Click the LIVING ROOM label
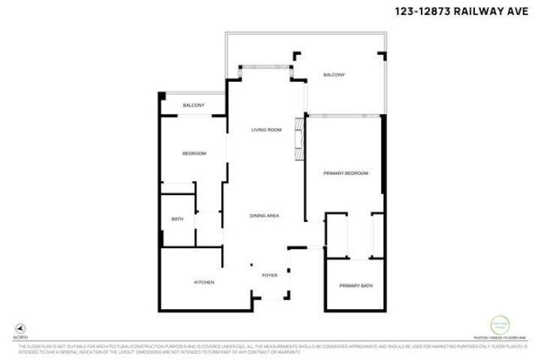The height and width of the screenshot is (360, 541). (x=266, y=130)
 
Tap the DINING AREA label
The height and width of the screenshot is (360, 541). (x=265, y=216)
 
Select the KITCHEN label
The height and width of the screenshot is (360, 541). (x=205, y=282)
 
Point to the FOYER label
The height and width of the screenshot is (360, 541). (x=269, y=275)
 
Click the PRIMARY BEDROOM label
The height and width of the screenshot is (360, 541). (x=346, y=173)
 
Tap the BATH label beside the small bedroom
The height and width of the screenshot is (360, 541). (x=178, y=219)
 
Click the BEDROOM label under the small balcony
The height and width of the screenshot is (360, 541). (x=194, y=154)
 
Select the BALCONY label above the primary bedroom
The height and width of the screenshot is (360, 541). (x=334, y=75)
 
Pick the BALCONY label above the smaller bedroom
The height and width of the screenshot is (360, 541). (x=194, y=105)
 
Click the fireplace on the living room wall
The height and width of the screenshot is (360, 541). (x=299, y=139)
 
